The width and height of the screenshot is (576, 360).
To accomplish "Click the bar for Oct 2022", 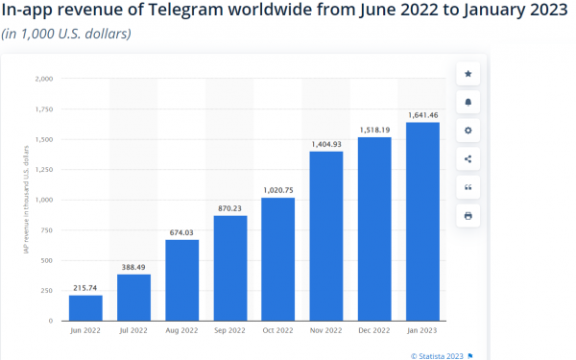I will [278, 258].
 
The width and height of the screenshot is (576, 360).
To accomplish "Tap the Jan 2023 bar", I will [422, 221].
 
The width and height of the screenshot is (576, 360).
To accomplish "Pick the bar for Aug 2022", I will [181, 279].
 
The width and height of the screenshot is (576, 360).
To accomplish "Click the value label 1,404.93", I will [326, 144].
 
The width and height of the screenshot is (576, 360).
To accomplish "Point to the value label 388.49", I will [133, 267].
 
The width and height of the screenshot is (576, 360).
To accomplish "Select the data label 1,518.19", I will [374, 130].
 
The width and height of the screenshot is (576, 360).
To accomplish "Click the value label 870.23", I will [229, 208].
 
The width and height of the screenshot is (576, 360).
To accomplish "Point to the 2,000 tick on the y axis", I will [44, 79].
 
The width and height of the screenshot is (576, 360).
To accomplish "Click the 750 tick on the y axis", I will [48, 229].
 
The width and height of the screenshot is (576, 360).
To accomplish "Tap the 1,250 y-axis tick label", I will [44, 169].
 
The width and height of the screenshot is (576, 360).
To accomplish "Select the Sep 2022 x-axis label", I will [229, 331].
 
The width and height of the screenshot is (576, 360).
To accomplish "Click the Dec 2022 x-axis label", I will [374, 331].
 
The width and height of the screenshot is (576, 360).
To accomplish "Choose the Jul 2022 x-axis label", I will [133, 331].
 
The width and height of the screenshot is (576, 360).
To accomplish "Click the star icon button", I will [468, 73].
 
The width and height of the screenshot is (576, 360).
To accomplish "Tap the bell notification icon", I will [468, 102].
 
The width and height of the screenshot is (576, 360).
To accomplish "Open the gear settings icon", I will [468, 131].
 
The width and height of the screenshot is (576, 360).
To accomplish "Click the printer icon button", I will [468, 216].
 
